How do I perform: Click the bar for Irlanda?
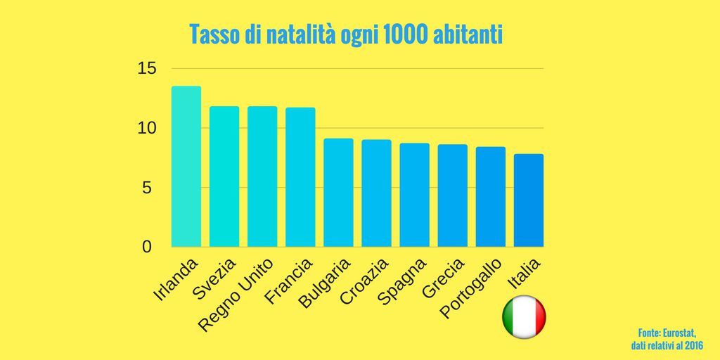tap(186, 167)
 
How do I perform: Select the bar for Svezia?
tap(224, 176)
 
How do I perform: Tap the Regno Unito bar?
tap(262, 176)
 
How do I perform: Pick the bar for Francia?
tap(300, 177)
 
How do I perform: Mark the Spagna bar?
tap(414, 195)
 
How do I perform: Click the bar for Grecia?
tap(452, 195)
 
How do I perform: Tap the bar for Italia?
tap(528, 200)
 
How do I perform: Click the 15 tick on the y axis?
tap(146, 69)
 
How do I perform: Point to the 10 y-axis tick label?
tap(146, 129)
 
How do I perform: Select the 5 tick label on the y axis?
tap(146, 188)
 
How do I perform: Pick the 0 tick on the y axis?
tap(146, 247)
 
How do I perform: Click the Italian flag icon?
tap(524, 318)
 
